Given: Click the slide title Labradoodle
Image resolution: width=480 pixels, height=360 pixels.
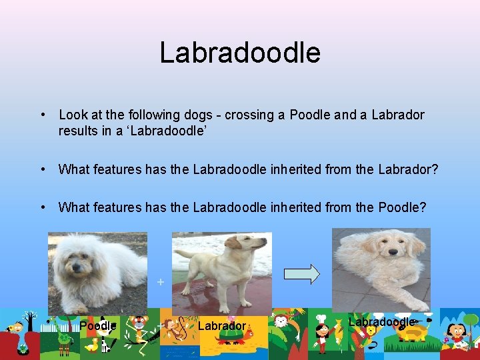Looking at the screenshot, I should pyautogui.click(x=240, y=53).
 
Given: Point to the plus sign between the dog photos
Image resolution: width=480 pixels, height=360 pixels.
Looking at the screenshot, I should pyautogui.click(x=160, y=282).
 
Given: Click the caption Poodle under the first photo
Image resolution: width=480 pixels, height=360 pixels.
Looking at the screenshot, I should pyautogui.click(x=98, y=326).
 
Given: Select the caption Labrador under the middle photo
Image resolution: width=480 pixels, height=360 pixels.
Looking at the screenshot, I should pyautogui.click(x=222, y=326).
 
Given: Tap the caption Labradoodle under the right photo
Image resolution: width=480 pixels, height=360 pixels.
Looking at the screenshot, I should pyautogui.click(x=382, y=322).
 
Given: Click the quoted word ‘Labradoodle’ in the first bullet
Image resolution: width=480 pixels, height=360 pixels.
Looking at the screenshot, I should pyautogui.click(x=161, y=131).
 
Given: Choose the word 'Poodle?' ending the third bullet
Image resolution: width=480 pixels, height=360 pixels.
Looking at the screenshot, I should pyautogui.click(x=402, y=207).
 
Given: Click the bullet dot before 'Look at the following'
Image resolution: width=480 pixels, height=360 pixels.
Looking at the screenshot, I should pyautogui.click(x=42, y=115).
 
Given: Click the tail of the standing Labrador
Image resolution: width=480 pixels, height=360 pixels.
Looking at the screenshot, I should pyautogui.click(x=183, y=255).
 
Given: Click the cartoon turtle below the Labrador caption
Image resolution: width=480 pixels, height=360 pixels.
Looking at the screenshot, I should pyautogui.click(x=230, y=339).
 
